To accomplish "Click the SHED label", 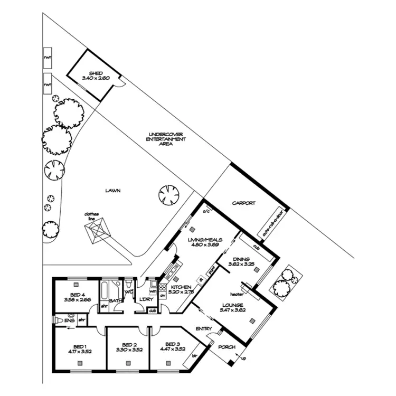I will [x=96, y=73].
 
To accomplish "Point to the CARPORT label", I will [x=243, y=203].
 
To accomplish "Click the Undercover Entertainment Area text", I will [x=165, y=138].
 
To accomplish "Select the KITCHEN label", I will [x=181, y=287].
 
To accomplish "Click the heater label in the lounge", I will [x=235, y=294].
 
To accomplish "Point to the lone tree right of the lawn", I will [x=169, y=195].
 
